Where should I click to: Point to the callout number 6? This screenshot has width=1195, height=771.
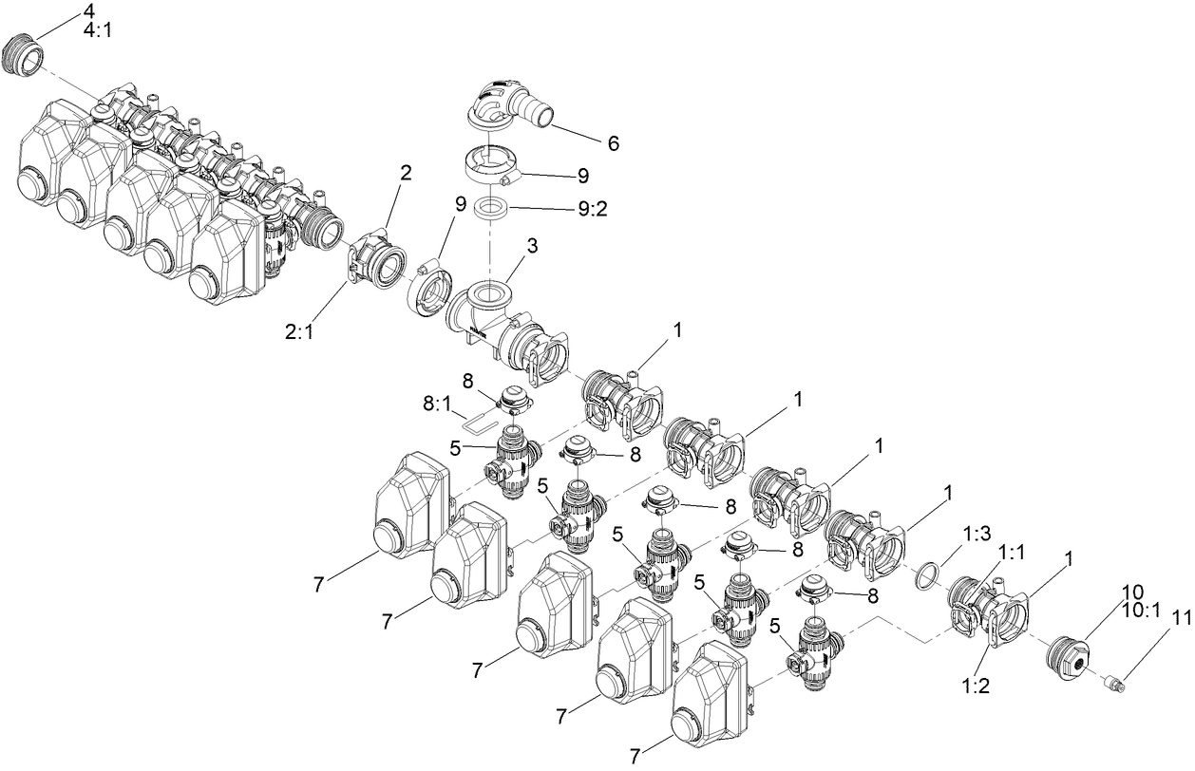pos(614,143)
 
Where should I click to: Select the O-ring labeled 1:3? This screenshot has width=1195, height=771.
pos(925,574)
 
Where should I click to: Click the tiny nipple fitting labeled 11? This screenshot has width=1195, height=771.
pos(1113,681)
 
